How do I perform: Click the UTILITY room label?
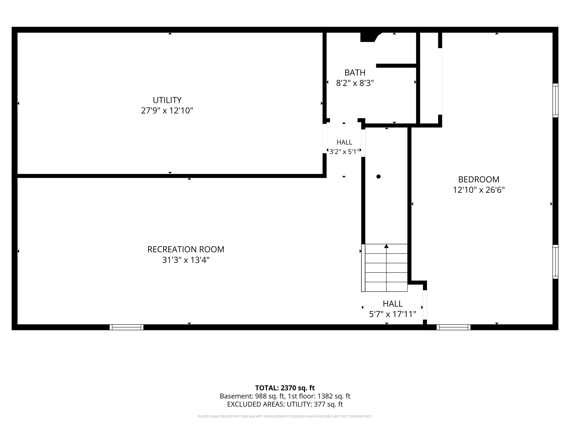(167, 100)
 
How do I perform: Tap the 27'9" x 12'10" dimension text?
(167, 111)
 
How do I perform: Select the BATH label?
(355, 73)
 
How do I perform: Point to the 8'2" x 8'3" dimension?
(355, 83)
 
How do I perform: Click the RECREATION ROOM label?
(186, 249)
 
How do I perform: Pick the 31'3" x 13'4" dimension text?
(186, 260)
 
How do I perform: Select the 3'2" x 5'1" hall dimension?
(344, 152)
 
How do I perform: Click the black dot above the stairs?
(378, 176)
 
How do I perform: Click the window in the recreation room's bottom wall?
(127, 327)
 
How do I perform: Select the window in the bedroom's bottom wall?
(453, 327)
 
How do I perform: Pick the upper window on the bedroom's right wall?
(555, 100)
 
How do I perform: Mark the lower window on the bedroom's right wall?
(555, 262)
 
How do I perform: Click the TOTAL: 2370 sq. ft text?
(285, 388)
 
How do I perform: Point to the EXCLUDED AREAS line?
(285, 404)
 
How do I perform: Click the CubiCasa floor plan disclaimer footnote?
(285, 416)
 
